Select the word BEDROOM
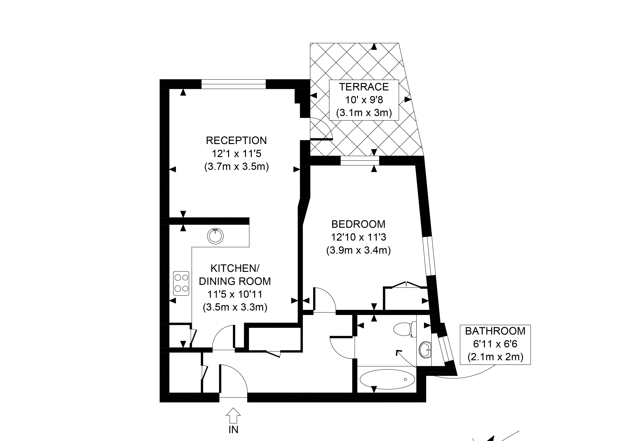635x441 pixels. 358,224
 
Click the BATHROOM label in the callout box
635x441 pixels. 495,331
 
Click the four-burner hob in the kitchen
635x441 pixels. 181,283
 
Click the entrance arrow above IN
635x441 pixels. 233,415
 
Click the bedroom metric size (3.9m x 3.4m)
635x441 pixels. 358,250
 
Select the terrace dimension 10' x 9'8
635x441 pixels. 364,100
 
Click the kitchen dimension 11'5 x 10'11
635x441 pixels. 235,294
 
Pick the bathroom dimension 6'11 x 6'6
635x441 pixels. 495,344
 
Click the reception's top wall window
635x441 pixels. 234,84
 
